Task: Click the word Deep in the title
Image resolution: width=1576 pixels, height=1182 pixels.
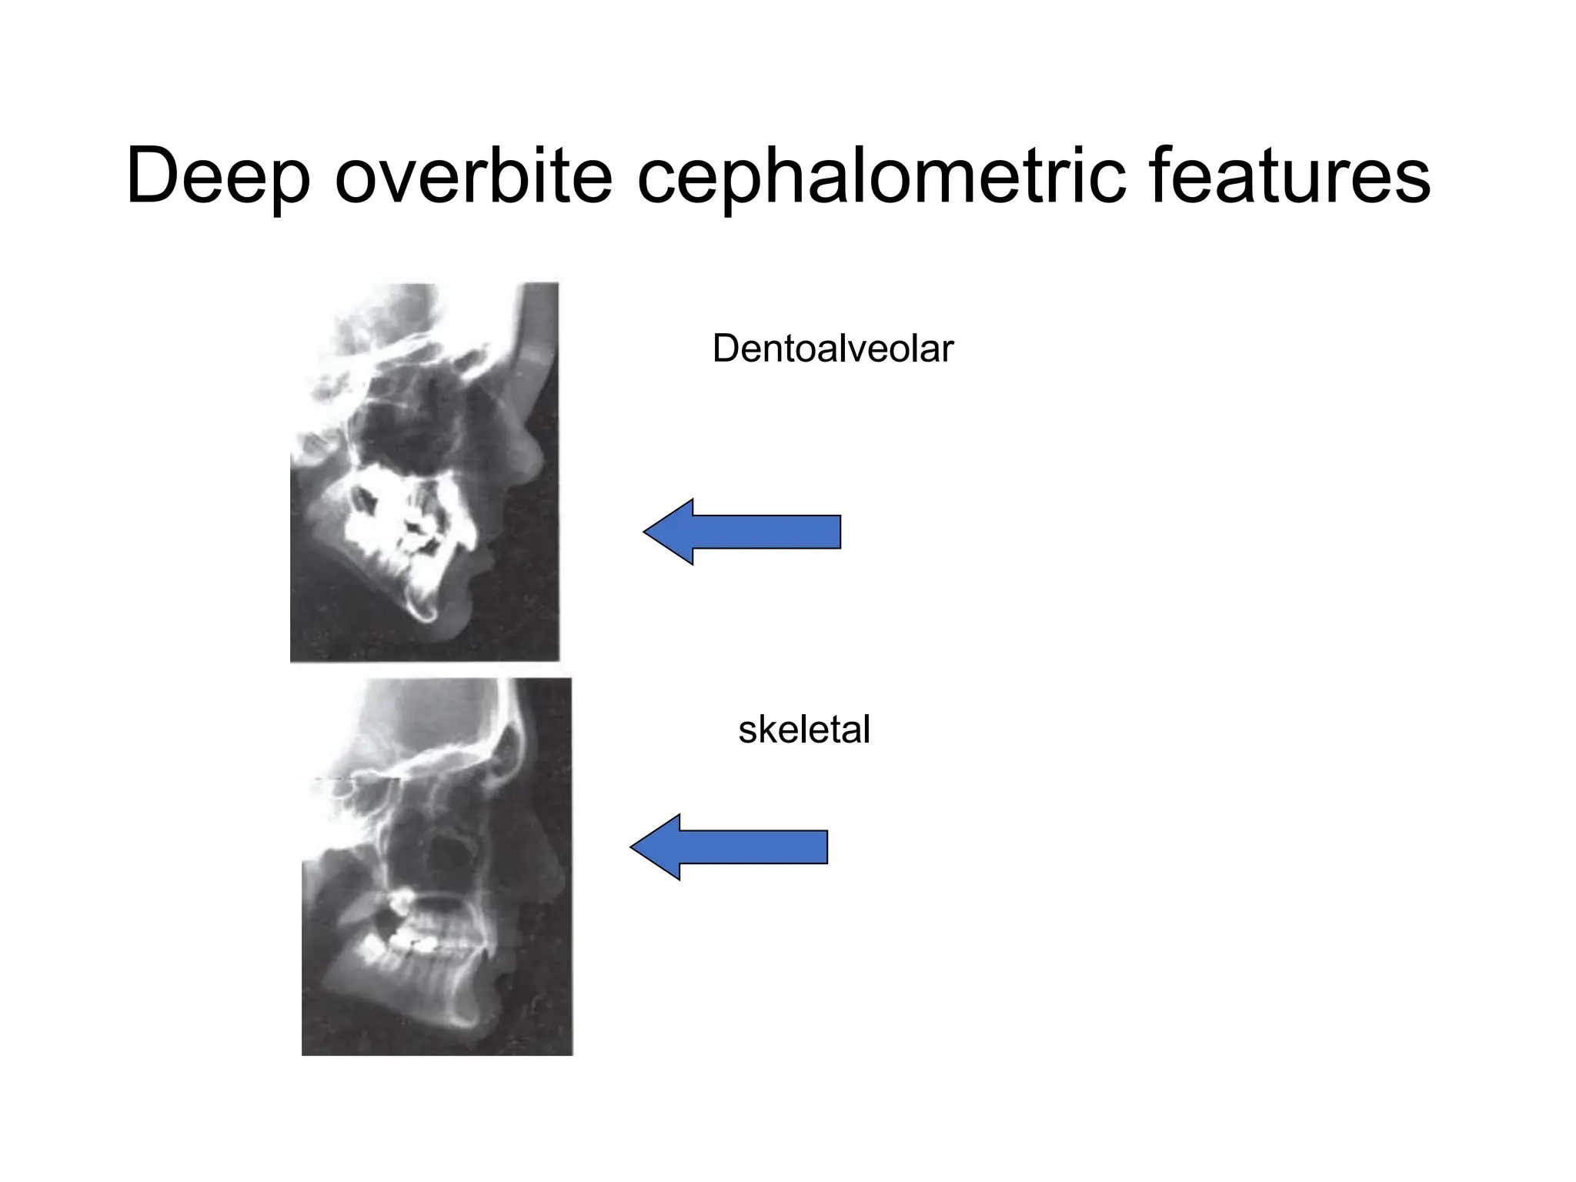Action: point(218,178)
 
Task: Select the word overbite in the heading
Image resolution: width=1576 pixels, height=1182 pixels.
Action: point(473,176)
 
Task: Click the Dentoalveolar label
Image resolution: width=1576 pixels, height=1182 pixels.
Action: point(833,349)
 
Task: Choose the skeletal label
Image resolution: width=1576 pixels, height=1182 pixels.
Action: point(803,729)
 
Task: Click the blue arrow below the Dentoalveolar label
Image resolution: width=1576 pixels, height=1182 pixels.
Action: point(742,532)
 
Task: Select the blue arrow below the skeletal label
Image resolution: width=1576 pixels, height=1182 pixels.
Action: point(729,846)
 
